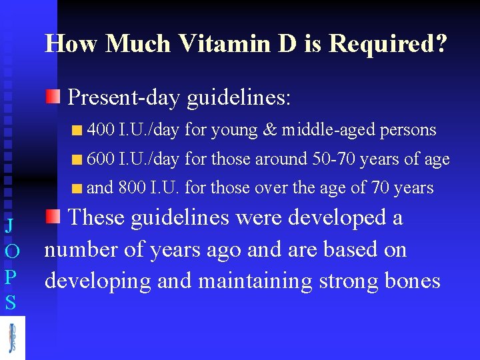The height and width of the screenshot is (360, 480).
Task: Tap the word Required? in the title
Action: point(388,43)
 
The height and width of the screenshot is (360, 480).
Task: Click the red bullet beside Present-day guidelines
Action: point(53,97)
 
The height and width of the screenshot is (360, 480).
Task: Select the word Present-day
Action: point(125,98)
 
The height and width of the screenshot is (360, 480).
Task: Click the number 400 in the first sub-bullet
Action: point(101,130)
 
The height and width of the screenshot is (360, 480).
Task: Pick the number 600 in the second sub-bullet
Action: point(101,159)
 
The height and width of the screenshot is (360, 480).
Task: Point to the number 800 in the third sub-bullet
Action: point(131,188)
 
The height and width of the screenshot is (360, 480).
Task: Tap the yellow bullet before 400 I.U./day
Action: point(78,131)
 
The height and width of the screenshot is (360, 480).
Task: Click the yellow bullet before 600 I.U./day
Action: point(78,160)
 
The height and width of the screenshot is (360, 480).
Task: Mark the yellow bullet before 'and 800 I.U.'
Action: point(78,189)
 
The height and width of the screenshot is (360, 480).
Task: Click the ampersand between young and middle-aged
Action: point(269,130)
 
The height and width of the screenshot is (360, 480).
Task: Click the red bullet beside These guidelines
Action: point(53,216)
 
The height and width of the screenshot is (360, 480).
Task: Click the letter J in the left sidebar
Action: point(9,225)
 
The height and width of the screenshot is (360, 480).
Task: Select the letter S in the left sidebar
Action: point(9,303)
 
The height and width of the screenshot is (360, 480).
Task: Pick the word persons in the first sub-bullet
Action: point(408,130)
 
